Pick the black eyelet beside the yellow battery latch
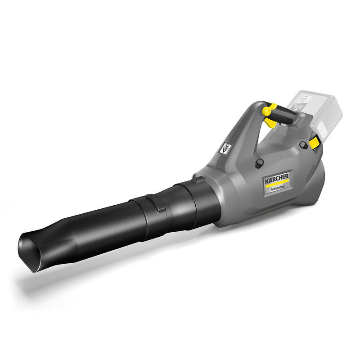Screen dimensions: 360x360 [304, 144]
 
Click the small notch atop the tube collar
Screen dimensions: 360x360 [198, 180]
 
